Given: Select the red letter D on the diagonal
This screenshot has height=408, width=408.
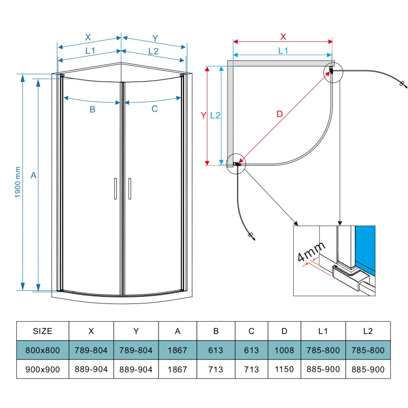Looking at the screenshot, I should coord(279,114).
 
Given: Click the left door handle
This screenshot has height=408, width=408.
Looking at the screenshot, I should coord(116,188).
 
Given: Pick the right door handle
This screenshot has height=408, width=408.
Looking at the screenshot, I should coord(130,188).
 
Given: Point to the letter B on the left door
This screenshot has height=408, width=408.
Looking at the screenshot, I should coord(92,109).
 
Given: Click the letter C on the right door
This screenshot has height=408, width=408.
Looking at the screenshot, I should coord(155,109).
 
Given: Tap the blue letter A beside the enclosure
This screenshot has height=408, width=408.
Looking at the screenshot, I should coord(34,175).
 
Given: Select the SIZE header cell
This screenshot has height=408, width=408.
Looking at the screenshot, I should coord(42,331).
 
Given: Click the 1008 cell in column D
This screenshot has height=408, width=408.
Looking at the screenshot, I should coord(284,351).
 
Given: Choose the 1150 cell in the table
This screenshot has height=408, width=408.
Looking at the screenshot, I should coord(284,370).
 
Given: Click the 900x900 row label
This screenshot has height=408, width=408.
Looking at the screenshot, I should coord(42,370).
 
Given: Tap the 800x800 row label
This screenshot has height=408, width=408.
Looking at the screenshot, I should coord(42,351).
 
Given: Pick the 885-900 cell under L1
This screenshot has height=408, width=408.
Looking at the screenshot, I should coord(323,370).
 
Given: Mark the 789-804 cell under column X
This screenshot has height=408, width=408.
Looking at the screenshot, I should coord(91,351).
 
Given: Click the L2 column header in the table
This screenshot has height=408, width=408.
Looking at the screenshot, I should coord(368,331).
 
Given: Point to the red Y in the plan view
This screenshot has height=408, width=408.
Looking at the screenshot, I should coord(203,116).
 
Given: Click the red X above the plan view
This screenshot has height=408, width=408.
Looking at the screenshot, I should coord(283,36).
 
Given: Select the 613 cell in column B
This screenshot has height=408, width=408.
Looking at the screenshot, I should coord(216,351).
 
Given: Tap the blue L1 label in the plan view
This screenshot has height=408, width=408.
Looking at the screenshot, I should coord(283,50).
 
